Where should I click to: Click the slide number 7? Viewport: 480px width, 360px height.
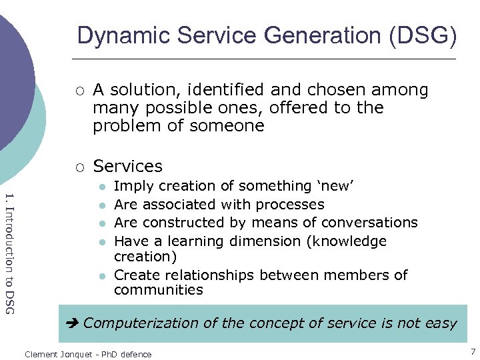tap(473, 351)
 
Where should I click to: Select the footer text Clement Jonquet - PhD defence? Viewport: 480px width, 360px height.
tap(88, 354)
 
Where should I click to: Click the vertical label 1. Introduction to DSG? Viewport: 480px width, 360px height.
tap(9, 253)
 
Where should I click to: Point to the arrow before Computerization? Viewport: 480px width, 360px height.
tap(73, 323)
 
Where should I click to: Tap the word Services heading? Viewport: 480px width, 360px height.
tap(127, 166)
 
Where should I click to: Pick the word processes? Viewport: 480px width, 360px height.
tap(291, 205)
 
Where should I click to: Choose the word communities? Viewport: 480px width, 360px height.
tap(159, 290)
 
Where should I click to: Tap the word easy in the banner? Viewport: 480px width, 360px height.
tap(441, 323)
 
